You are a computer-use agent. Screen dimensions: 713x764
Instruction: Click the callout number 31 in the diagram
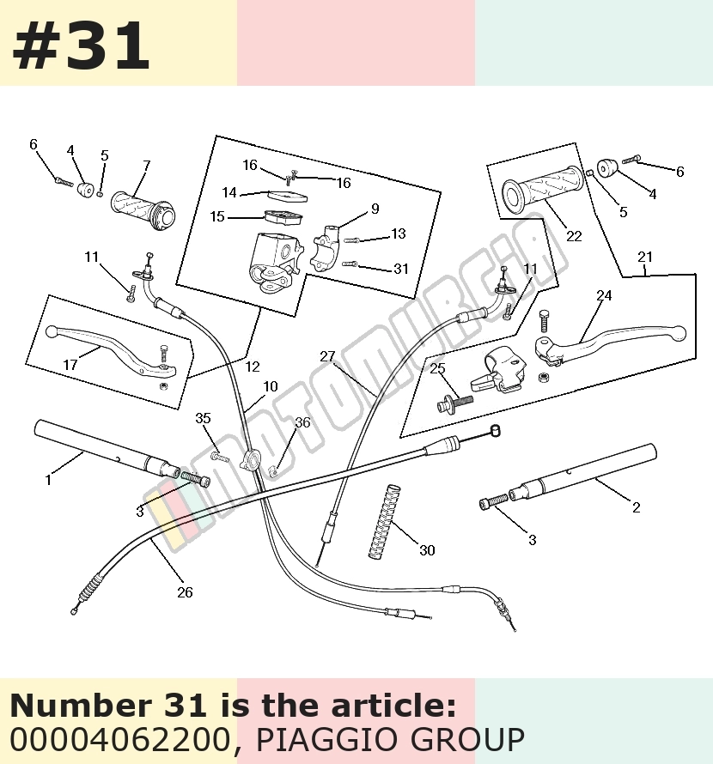coord(401,269)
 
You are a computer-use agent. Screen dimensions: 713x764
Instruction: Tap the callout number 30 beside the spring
coord(427,550)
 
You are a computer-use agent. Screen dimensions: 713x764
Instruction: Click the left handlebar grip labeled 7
coord(143,210)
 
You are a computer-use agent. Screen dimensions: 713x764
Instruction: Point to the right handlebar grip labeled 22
coord(543,189)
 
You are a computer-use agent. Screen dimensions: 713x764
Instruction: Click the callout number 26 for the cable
coord(185,592)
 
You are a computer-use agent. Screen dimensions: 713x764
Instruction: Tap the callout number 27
coord(327,356)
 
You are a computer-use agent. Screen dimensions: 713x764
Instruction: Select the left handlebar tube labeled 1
coord(107,449)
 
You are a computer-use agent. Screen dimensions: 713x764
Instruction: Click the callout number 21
coord(645,257)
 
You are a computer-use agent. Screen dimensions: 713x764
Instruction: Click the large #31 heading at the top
coord(81,45)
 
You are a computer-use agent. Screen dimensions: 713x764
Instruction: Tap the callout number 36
coord(302,422)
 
